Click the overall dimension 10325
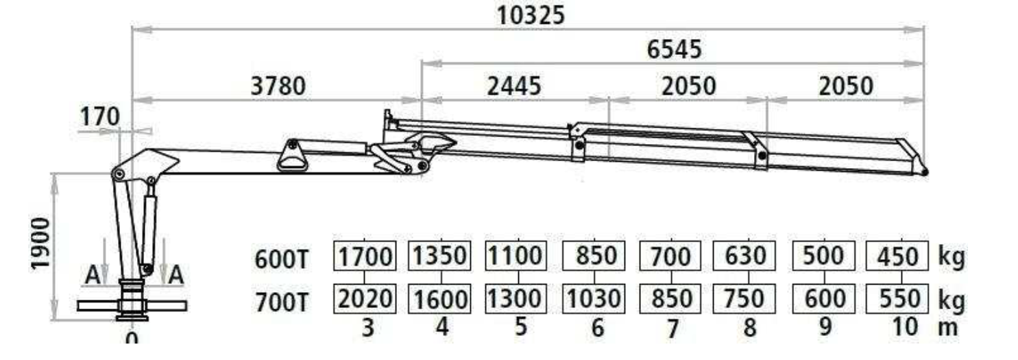pos(531,15)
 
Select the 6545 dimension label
pos(674,49)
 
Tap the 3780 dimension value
pos(278,86)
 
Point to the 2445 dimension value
pos(514,86)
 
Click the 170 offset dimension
pos(100,117)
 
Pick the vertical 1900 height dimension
pos(40,243)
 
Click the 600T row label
pos(282,260)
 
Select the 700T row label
pos(282,302)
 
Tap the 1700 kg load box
pos(365,256)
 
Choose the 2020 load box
pos(365,299)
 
